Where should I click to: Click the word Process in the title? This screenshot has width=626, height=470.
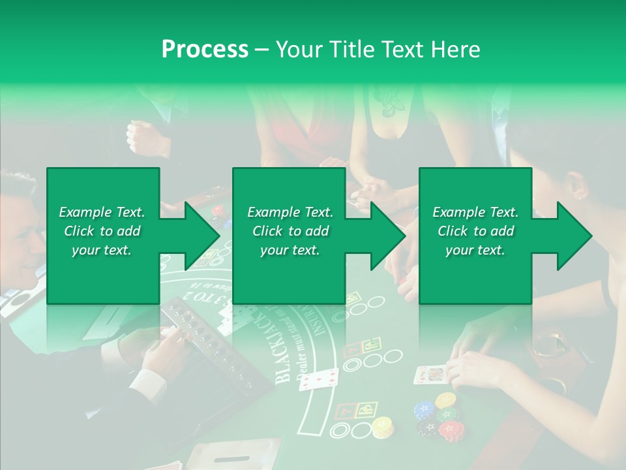[205, 49]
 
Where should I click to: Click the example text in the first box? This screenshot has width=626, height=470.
[102, 231]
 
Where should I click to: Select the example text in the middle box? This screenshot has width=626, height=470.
[290, 231]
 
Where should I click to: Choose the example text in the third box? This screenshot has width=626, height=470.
[475, 231]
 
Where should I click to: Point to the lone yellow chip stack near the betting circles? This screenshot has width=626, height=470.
[381, 427]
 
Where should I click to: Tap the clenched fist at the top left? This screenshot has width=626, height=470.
[141, 136]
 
